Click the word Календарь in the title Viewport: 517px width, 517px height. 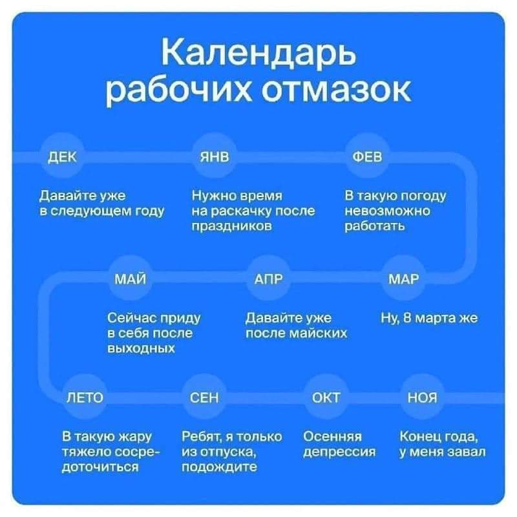pos(259,54)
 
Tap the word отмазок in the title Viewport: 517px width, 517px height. pos(336,90)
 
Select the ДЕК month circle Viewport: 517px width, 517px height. pos(62,156)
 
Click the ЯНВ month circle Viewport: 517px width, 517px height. pos(215,156)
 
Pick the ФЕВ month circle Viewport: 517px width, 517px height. pos(367,156)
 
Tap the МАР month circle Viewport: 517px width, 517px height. pos(403,279)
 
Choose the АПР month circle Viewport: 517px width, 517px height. pos(268,279)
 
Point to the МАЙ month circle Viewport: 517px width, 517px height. pos(131,279)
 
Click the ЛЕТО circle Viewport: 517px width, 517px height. pos(85,397)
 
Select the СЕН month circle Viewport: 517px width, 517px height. pos(204,397)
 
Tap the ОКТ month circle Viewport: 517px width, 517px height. pos(326,397)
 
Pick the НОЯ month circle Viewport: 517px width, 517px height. pos(423,397)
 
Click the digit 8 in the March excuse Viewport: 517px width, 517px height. pos(408,318)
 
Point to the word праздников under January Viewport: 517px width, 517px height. pos(232,226)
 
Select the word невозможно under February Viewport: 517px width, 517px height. pos(387,211)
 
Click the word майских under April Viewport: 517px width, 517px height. pos(318,333)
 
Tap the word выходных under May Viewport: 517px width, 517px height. pos(141,348)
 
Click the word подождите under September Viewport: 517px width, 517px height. pos(219,467)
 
